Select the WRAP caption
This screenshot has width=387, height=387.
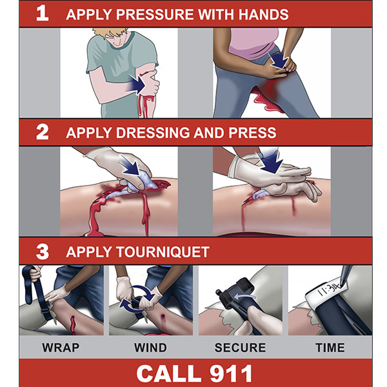click(61, 348)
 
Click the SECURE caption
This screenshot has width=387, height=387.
click(240, 348)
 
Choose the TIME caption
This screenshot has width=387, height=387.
click(330, 348)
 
